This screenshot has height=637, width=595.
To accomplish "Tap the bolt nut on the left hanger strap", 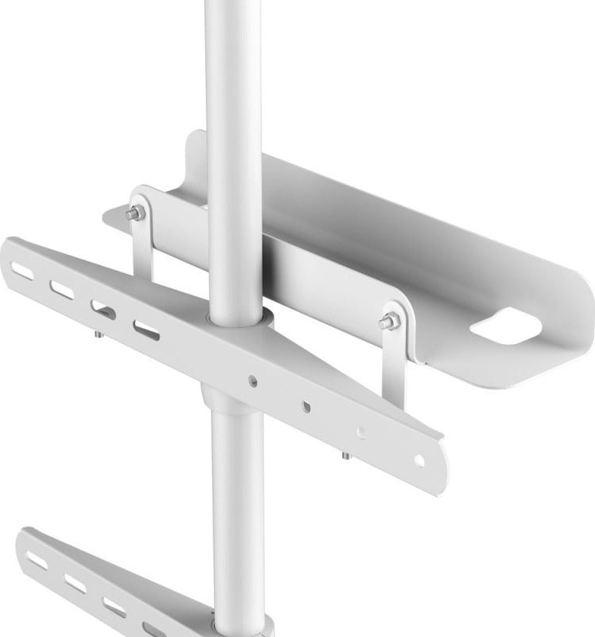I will click(x=135, y=213).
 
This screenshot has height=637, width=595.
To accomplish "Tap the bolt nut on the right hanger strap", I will click(x=389, y=322).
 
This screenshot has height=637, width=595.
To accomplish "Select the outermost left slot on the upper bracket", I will click(x=23, y=272).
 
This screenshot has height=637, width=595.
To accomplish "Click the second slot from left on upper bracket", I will click(x=62, y=290).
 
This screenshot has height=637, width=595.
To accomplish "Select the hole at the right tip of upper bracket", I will click(x=418, y=459).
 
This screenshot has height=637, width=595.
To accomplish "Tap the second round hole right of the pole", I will click(x=306, y=407).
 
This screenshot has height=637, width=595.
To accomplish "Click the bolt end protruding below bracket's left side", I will click(x=98, y=334).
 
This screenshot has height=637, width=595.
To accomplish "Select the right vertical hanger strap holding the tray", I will click(x=394, y=358).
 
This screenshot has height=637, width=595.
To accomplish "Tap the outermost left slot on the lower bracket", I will click(x=37, y=560).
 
